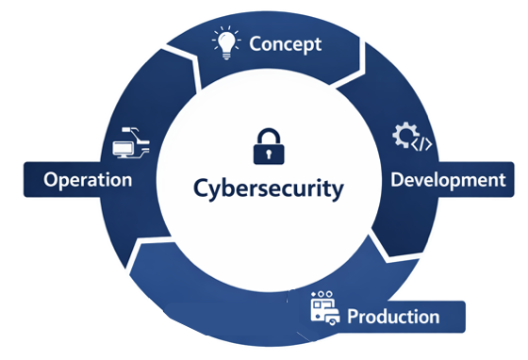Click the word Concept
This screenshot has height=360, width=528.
[285, 43]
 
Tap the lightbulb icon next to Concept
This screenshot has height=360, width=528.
[227, 41]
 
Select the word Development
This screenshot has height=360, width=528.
[448, 179]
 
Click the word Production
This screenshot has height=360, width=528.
[393, 317]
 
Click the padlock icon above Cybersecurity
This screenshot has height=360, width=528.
[269, 144]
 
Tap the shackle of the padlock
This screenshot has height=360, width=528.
[269, 133]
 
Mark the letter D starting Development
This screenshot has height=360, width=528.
[397, 179]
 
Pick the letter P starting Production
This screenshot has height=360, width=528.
[353, 317]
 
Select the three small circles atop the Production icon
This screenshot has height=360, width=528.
[326, 296]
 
